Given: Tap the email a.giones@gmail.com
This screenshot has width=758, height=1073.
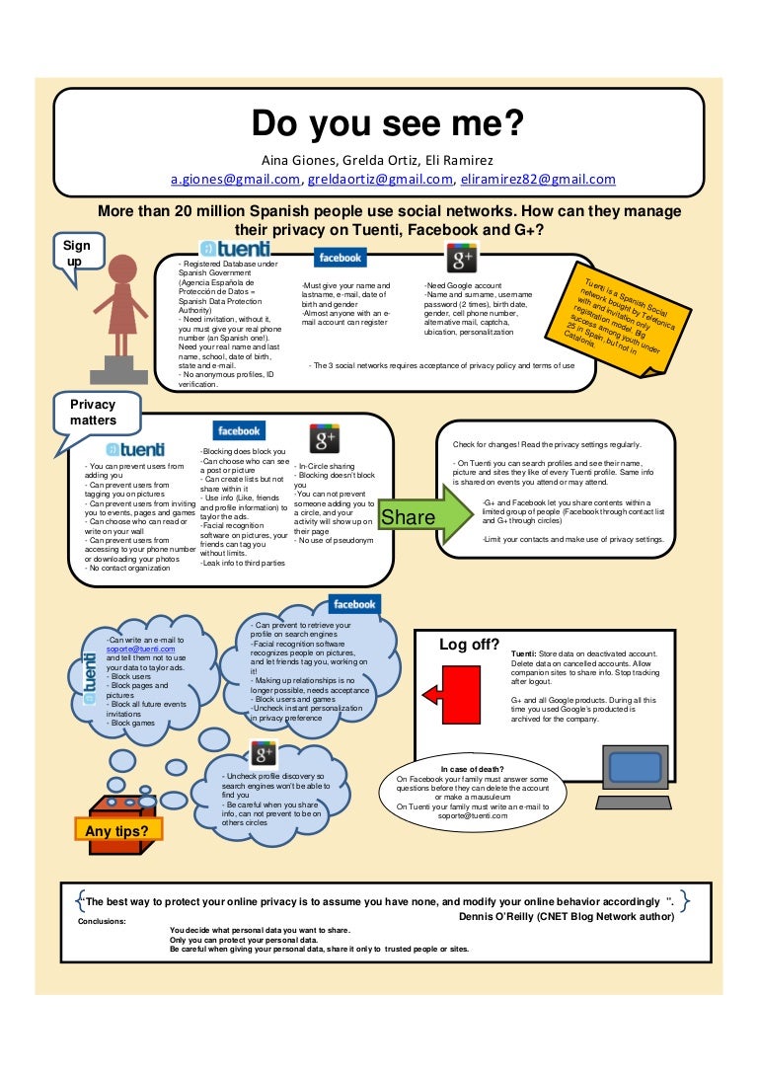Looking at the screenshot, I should [x=236, y=180].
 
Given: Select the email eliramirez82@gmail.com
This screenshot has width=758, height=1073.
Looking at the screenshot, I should [x=538, y=180].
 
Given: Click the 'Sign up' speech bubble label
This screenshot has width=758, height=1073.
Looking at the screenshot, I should [x=76, y=252].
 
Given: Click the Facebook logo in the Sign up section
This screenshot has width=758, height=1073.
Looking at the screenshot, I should [x=339, y=257].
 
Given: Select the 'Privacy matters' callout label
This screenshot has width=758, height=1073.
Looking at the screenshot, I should [x=93, y=413].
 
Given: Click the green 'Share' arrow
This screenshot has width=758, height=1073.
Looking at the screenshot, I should [x=412, y=516].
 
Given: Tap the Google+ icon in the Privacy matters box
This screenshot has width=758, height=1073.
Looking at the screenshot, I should [x=325, y=439].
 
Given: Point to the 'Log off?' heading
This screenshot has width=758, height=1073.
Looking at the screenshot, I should [x=469, y=645].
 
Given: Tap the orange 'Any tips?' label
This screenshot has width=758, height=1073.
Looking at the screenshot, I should [x=117, y=830].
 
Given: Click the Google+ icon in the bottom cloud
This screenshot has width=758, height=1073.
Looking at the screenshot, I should [x=264, y=756].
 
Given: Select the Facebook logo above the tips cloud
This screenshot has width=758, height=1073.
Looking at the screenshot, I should [x=353, y=604].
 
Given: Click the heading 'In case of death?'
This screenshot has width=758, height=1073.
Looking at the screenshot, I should [x=473, y=769].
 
